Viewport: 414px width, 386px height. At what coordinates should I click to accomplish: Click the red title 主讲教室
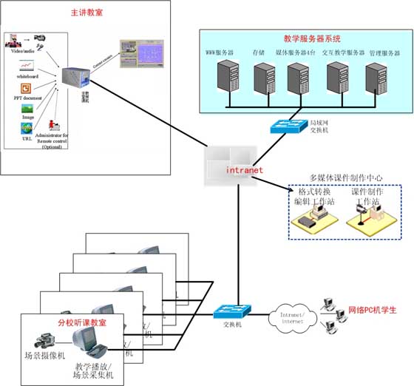click(86, 13)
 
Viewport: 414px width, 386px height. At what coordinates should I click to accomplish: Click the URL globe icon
click(27, 129)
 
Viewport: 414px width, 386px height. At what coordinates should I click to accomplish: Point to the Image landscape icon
click(27, 109)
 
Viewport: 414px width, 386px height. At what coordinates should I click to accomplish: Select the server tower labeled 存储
click(264, 78)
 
